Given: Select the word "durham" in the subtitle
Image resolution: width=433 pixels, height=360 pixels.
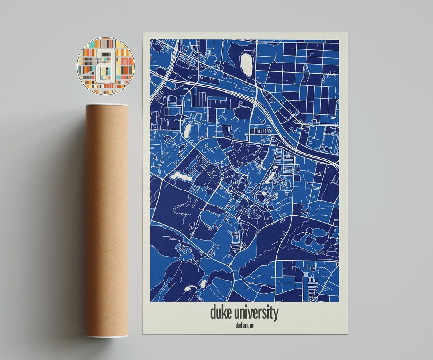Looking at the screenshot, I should coord(241,325).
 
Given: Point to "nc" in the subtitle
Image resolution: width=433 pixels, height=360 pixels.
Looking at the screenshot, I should coord(252,325).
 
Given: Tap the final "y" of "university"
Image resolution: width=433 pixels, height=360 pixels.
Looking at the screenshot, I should coord(275,314).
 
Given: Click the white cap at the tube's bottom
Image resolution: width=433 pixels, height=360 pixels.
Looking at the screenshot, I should coord(107,336).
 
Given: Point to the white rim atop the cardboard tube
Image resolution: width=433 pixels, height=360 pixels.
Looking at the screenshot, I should coord(106,105).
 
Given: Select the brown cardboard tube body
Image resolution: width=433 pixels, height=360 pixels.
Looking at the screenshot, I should coord(106,220).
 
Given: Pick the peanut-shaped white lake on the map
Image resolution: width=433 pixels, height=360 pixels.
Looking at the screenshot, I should coord(180,176).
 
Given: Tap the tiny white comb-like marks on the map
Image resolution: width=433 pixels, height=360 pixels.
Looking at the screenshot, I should coord(330,74).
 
